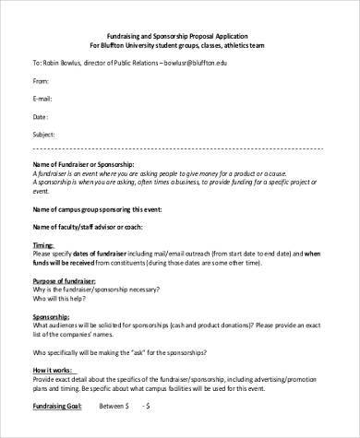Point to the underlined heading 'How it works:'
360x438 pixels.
click(x=54, y=369)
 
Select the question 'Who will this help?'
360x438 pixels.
click(x=66, y=298)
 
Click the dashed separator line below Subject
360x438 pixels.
click(x=180, y=148)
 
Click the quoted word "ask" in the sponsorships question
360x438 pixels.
click(x=162, y=351)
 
